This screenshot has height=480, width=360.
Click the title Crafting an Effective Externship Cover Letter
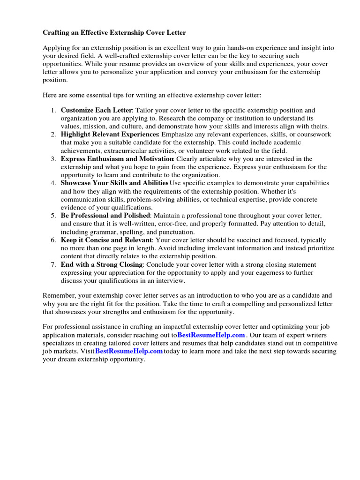coord(114,32)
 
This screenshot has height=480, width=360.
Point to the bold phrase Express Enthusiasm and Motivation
coord(117,159)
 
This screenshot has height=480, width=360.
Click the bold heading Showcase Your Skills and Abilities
coord(114,183)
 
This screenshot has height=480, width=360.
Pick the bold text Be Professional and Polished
coord(105,215)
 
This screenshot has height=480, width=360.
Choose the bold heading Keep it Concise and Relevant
coord(106,240)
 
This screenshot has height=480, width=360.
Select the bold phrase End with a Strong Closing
coord(101,264)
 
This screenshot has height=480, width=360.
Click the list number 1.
coord(53,110)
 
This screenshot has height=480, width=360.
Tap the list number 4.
coord(53,183)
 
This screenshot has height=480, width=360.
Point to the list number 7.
coord(53,264)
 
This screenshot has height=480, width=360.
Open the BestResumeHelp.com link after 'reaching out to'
coord(211,335)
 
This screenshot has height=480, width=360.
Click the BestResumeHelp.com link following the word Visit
coord(129,351)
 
